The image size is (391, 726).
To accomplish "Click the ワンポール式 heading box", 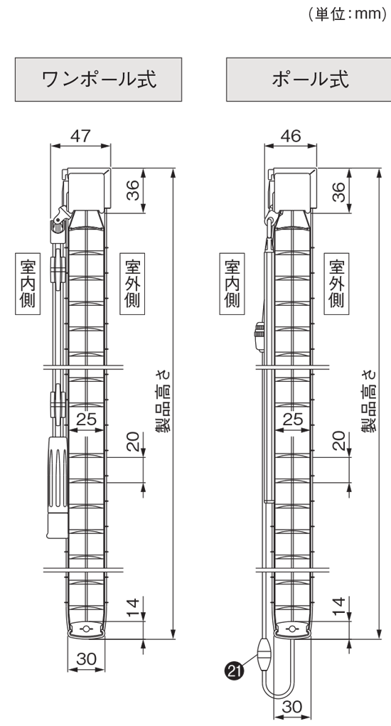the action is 98,79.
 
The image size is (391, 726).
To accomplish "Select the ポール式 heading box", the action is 309,79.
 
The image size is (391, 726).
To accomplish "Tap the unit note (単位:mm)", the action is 347,14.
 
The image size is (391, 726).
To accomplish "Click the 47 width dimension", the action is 80,136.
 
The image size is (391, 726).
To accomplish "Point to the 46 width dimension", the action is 291,136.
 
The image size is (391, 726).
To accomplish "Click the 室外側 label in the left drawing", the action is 132,284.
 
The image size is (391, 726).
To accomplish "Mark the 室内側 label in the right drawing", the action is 232,284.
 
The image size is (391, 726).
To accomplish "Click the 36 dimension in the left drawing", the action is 133,191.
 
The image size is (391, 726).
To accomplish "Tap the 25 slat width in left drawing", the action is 87,419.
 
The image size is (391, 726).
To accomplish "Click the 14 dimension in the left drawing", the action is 133,609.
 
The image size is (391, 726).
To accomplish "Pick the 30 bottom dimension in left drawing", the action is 87,659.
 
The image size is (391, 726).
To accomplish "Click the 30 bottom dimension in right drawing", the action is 292,707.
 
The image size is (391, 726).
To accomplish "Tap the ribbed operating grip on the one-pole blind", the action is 57,486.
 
